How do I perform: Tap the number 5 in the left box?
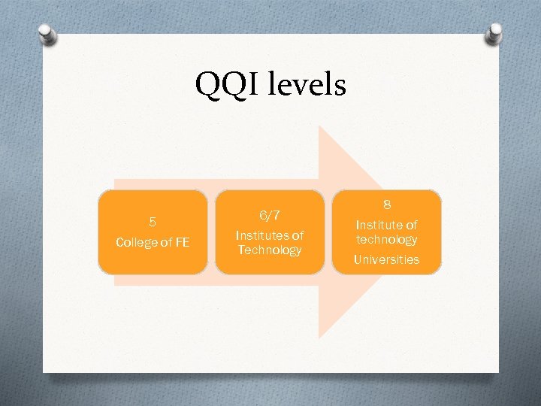153,222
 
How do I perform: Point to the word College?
136,242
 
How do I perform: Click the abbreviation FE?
182,242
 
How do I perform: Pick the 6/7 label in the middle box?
269,216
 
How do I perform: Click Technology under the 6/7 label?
269,250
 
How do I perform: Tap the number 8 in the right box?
386,205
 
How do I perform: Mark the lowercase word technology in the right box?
386,239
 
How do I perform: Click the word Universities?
386,259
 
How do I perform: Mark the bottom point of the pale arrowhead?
320,336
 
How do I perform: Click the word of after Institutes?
297,235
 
